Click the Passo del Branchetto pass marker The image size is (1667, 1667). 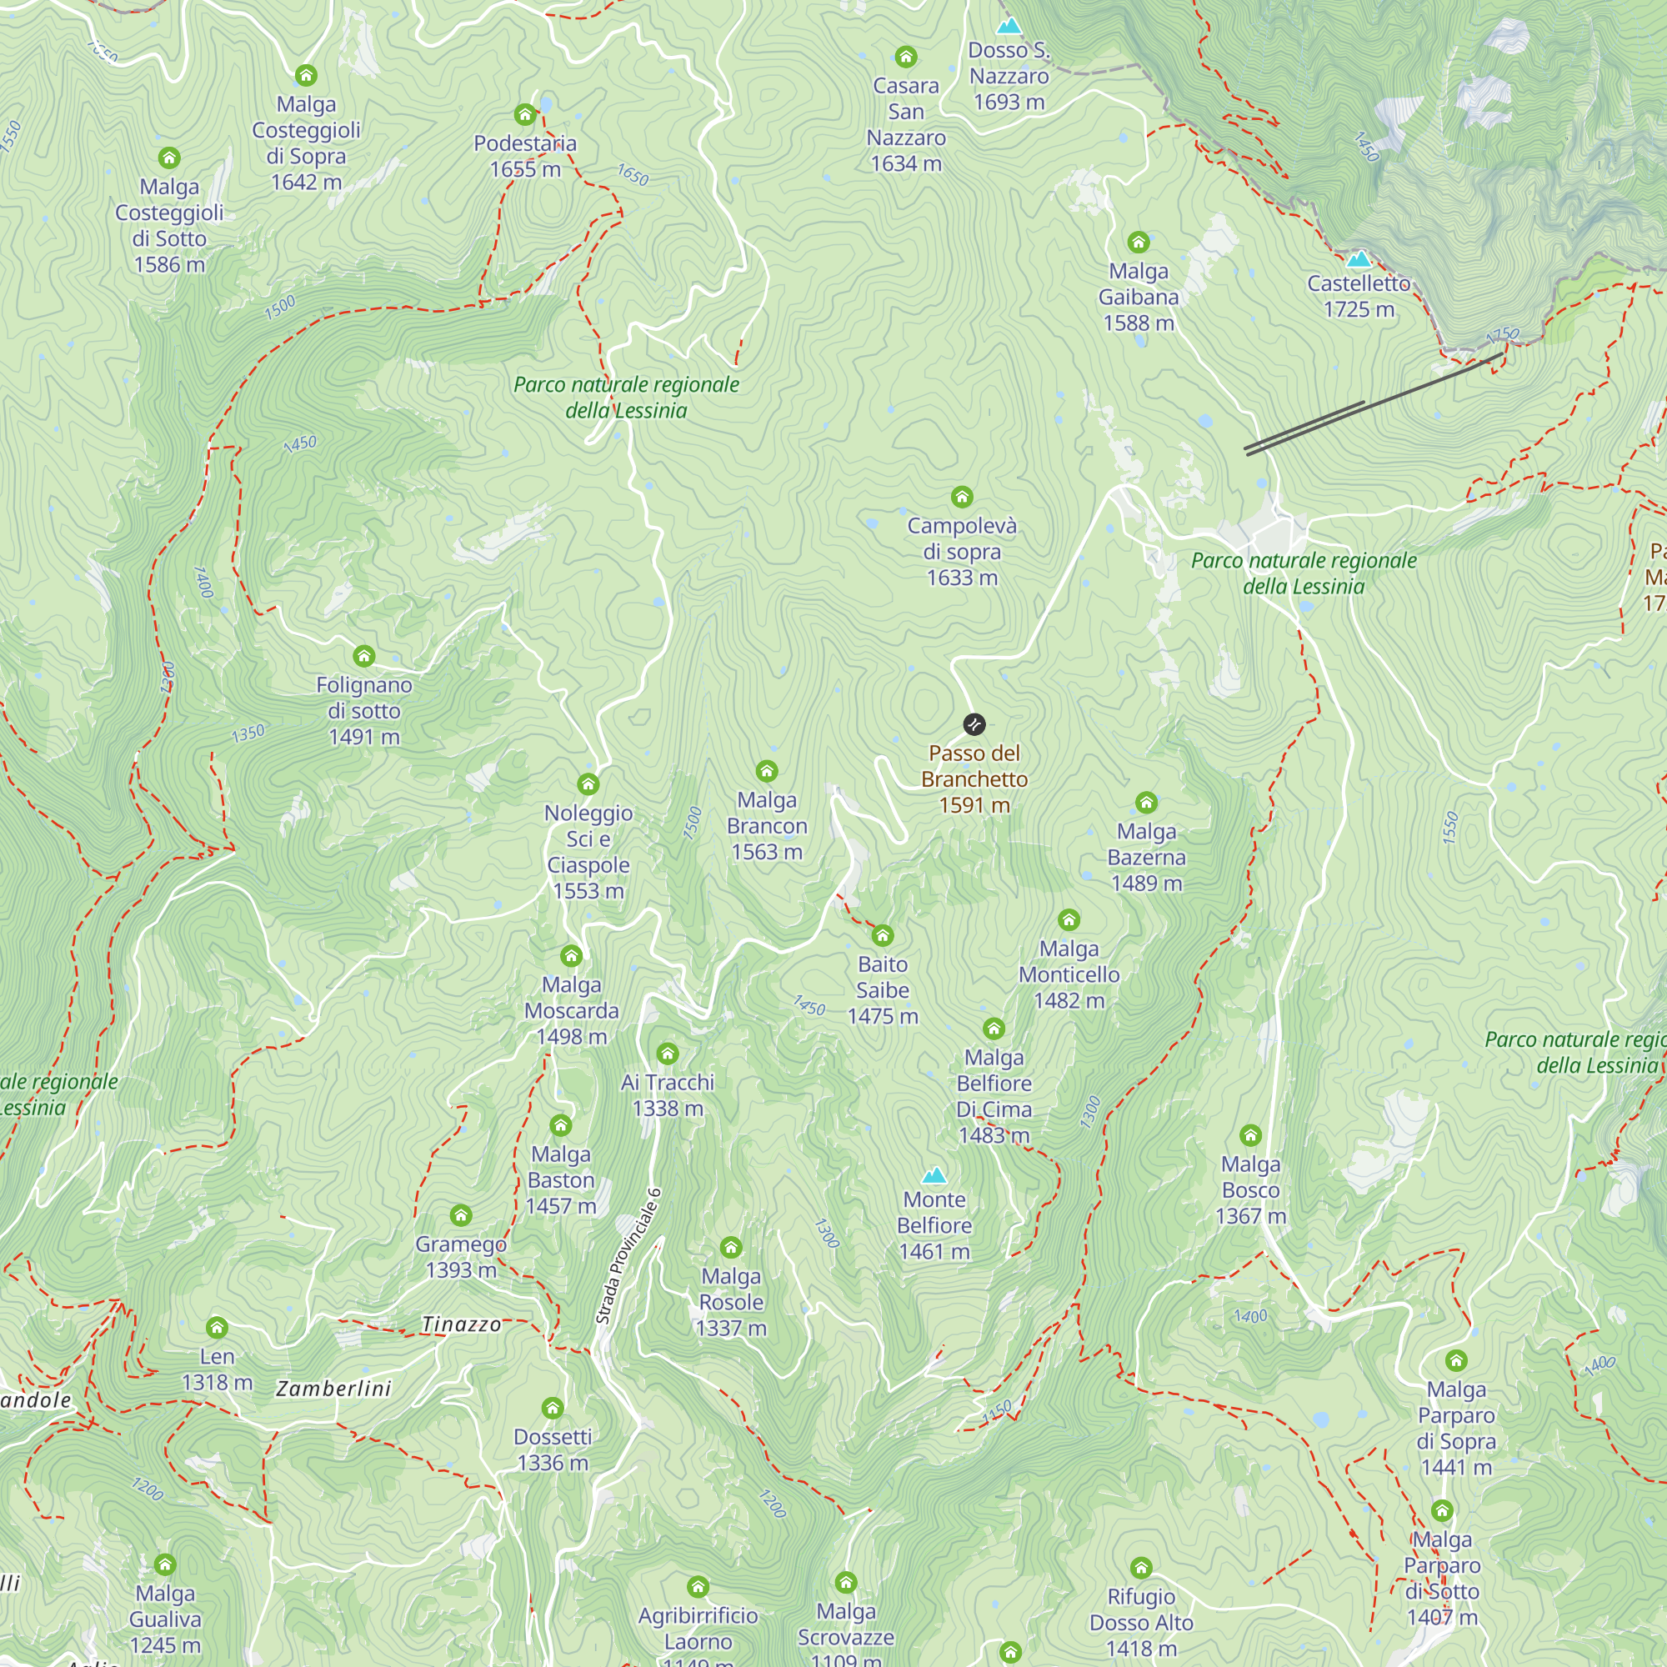tap(974, 724)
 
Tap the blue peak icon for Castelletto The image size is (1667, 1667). tap(1358, 258)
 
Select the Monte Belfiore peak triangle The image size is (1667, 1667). tap(934, 1175)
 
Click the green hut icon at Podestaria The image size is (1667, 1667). tap(524, 115)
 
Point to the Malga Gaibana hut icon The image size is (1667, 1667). tap(1138, 242)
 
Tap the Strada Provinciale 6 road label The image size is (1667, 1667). tap(628, 1256)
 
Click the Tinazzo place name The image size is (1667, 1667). tap(462, 1324)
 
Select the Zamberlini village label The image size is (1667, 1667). tap(334, 1389)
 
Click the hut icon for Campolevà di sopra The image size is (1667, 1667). tap(961, 496)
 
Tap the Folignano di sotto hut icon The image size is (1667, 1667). tap(364, 656)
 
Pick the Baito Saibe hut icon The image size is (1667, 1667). tap(882, 935)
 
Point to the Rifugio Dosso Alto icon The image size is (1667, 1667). tap(1141, 1567)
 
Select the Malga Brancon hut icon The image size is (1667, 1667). tap(766, 771)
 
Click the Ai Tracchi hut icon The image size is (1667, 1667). tap(667, 1054)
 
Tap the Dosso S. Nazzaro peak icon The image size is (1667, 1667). tap(1009, 26)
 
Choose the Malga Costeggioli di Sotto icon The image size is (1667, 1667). tap(169, 158)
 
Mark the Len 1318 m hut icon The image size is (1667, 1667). tap(217, 1327)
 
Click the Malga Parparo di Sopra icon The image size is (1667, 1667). tap(1455, 1361)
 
